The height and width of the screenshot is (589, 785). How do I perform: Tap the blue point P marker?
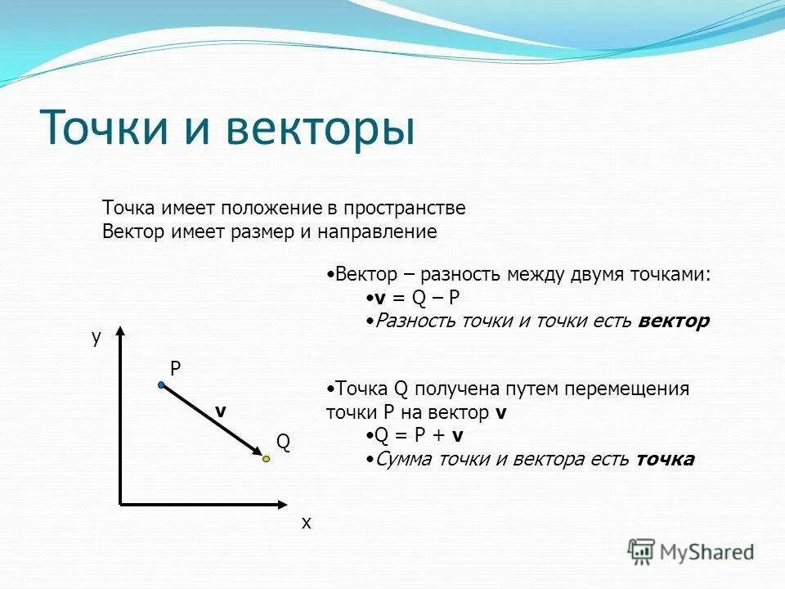(x=162, y=384)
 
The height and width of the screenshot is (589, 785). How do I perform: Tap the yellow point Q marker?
(x=266, y=460)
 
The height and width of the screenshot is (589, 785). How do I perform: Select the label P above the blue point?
(x=175, y=369)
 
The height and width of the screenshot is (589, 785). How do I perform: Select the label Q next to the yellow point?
(x=283, y=443)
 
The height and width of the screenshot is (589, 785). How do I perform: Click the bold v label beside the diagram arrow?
(x=220, y=411)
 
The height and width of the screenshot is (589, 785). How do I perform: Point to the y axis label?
(x=96, y=337)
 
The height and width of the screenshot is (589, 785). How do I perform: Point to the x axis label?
(x=307, y=523)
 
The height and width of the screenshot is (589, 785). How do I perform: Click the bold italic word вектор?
(x=674, y=321)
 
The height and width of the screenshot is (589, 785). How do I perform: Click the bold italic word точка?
(x=665, y=459)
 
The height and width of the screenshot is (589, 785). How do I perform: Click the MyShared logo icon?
(x=642, y=551)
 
